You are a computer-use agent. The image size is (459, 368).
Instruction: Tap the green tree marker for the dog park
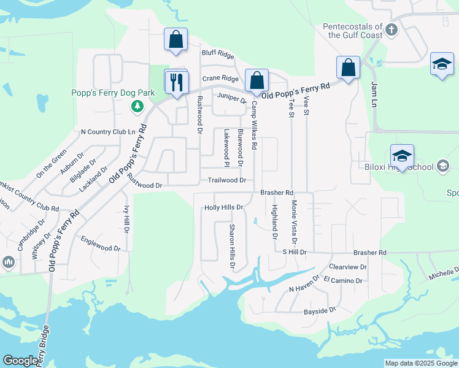(138, 107)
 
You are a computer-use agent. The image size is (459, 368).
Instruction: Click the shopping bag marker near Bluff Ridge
(175, 40)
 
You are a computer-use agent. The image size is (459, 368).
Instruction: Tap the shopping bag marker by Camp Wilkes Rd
(256, 80)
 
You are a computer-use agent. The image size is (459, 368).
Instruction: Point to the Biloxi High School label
(412, 167)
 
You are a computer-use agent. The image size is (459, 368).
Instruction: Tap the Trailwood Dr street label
(226, 180)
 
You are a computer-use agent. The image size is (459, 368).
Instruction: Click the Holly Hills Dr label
(224, 208)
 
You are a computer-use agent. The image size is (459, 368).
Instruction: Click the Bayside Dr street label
(320, 311)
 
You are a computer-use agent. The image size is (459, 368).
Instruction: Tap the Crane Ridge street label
(220, 79)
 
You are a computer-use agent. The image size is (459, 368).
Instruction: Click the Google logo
(21, 361)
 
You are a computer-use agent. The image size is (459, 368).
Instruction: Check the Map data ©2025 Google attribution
(420, 363)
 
